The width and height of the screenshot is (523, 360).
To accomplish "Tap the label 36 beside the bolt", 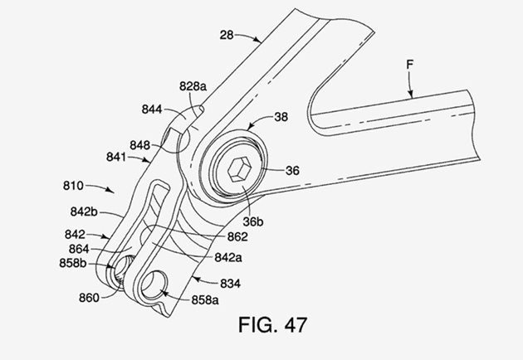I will pos(292,170).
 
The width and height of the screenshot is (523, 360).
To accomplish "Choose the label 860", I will pos(90,296).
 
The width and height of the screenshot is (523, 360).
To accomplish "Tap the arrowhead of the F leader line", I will pos(407,98).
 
